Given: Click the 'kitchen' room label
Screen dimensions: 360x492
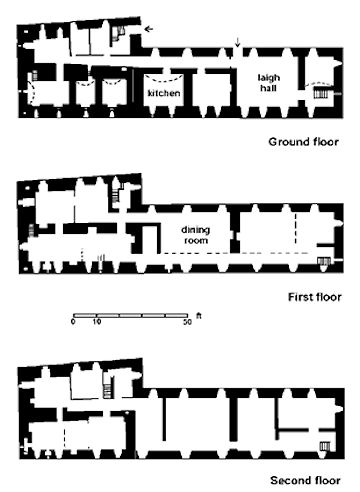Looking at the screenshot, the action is [x=164, y=93].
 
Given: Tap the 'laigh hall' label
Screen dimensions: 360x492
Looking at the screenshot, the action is [x=269, y=83].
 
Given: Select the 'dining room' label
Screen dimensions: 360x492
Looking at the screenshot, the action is [x=196, y=235].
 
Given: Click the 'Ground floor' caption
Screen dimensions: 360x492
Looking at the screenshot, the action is [x=303, y=142].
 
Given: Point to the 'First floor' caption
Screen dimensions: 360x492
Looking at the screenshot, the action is [x=315, y=297].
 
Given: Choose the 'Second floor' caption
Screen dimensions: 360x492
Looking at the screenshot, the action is [x=305, y=480].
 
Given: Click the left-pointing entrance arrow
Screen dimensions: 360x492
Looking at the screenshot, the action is [x=149, y=29].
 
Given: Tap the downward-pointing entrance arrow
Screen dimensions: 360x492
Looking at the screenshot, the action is [x=237, y=42].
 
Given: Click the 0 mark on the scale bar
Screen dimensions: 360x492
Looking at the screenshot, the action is [x=73, y=322].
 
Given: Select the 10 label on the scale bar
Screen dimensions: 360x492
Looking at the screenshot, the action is [x=97, y=322].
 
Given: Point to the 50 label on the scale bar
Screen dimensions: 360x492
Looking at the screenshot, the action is [x=188, y=322].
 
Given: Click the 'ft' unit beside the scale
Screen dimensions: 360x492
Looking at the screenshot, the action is [x=199, y=315].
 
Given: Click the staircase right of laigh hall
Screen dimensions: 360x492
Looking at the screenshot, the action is [x=321, y=92].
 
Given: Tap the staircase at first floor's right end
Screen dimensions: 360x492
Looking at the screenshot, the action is [x=324, y=261].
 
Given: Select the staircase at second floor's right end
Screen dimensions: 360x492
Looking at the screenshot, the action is [x=324, y=446].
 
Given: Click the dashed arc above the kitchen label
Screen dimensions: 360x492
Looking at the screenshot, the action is [x=164, y=80].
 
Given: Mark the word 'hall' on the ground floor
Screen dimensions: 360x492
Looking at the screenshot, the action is [x=268, y=88].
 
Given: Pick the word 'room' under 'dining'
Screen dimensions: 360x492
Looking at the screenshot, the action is [x=196, y=240].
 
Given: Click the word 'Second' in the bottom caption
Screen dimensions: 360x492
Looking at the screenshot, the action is [x=289, y=480].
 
